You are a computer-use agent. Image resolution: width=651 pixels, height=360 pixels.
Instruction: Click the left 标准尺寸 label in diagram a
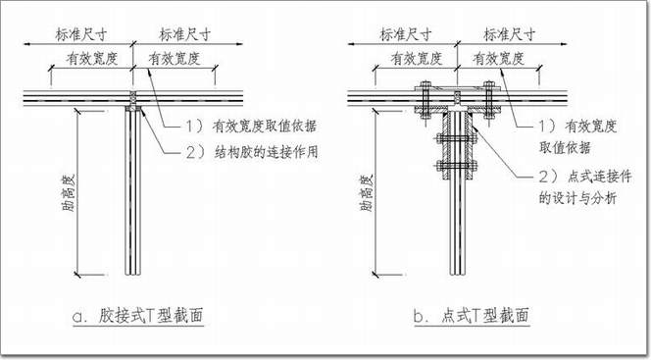point(81,34)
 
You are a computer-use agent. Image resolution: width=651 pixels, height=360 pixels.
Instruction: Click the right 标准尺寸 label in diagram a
point(185,34)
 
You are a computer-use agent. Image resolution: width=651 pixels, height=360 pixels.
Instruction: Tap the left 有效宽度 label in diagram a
point(92,59)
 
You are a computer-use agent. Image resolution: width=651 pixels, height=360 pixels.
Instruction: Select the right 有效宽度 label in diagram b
point(499,59)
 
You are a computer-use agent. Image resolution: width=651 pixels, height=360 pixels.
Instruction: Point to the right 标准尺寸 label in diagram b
point(510,34)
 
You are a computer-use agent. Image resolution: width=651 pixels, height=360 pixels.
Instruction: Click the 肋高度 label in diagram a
point(68,193)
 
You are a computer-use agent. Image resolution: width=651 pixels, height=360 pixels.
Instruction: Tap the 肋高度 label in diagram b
point(367,193)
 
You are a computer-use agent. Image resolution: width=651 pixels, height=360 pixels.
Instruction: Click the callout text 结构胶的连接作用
point(266,152)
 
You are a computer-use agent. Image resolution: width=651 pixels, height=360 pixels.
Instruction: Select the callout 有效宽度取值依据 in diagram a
point(265,126)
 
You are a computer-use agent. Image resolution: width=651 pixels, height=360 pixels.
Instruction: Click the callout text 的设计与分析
point(577,198)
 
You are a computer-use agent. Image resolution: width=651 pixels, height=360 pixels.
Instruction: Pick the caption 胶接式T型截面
point(151,316)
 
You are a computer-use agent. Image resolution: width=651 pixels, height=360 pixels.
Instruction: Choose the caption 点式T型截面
point(485,316)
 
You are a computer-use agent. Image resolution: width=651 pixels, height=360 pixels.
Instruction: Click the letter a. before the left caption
point(79,317)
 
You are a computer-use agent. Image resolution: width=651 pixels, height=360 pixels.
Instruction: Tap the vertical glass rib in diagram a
point(133,192)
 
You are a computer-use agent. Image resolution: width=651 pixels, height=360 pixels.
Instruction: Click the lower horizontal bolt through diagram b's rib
point(457,166)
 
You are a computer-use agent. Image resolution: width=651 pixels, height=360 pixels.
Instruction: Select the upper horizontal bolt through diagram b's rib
point(457,138)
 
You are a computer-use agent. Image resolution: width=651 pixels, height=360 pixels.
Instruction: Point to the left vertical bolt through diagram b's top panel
point(425,100)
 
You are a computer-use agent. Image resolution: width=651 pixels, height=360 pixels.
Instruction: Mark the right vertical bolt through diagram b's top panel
point(489,100)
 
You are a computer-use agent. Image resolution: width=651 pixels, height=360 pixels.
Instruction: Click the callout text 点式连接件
point(600,177)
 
